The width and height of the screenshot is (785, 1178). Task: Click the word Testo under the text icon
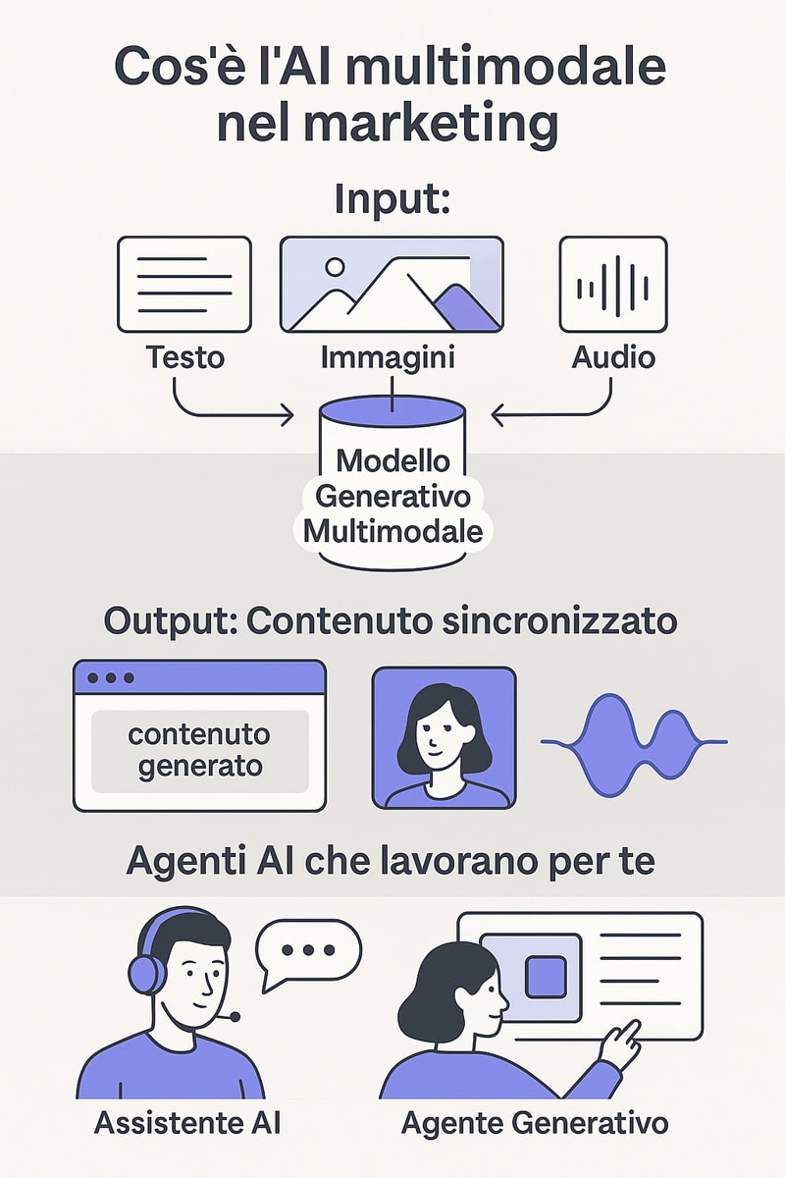(x=185, y=356)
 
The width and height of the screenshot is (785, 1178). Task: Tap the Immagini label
(x=388, y=358)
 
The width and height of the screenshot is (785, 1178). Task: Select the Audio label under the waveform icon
(x=613, y=357)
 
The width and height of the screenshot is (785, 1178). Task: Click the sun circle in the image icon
(x=335, y=267)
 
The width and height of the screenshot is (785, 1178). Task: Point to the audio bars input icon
(x=613, y=285)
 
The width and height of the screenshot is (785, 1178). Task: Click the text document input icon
(x=184, y=285)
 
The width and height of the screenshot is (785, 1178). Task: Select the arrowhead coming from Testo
(x=288, y=415)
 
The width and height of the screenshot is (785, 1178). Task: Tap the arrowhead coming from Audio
(x=497, y=415)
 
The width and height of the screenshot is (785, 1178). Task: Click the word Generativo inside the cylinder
(x=392, y=497)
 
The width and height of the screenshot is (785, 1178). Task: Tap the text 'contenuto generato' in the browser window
(x=200, y=750)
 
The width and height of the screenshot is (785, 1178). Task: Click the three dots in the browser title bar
(x=111, y=678)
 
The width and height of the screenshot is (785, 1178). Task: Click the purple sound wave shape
(x=634, y=741)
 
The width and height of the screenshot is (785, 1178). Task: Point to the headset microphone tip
(x=235, y=1017)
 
